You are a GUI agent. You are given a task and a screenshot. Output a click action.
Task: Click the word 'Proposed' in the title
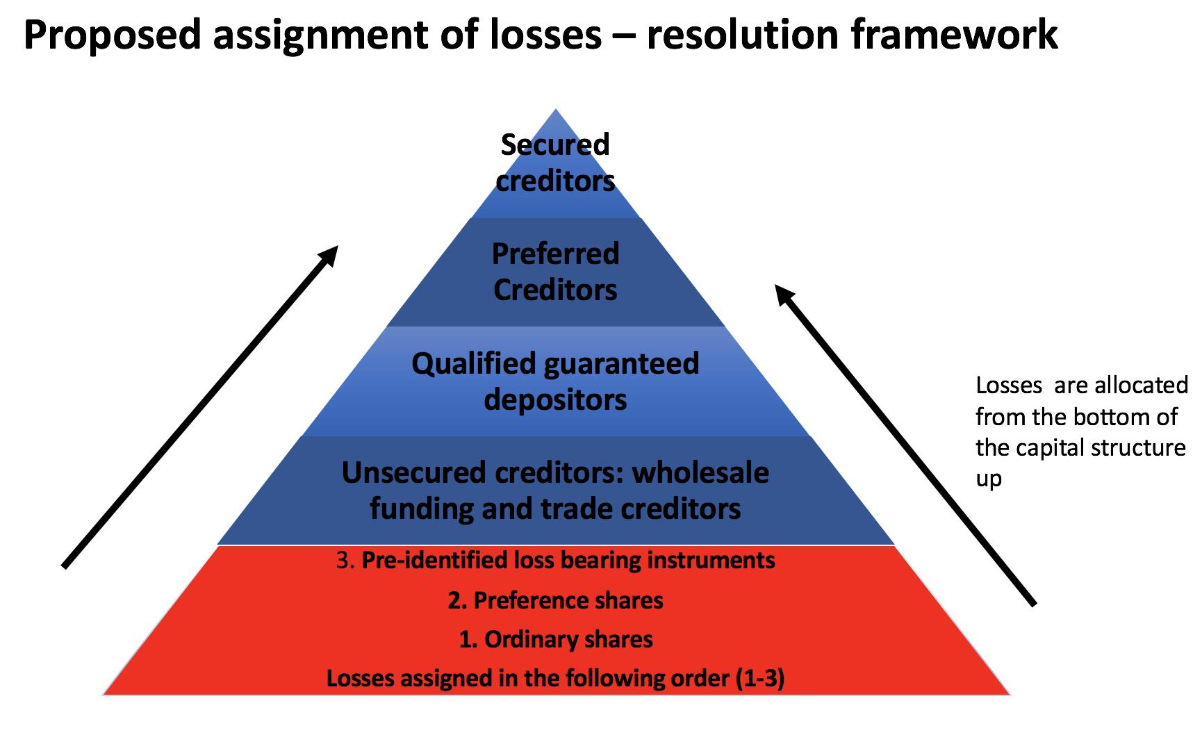[x=112, y=35]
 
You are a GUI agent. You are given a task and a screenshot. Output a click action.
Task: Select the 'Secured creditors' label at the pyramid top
[x=555, y=163]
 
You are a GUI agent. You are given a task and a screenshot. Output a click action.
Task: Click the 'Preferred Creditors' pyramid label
[x=555, y=272]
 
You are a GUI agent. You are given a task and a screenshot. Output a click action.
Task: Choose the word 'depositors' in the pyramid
[x=555, y=400]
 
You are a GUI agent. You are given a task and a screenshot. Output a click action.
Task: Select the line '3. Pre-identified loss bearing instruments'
[x=555, y=561]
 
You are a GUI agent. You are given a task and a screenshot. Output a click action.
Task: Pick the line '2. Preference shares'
[x=555, y=600]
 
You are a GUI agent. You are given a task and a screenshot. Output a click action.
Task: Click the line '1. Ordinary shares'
[x=555, y=639]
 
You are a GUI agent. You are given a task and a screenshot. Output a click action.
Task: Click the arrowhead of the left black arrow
[x=331, y=254]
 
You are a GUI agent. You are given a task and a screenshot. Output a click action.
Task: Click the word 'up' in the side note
[x=989, y=479]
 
